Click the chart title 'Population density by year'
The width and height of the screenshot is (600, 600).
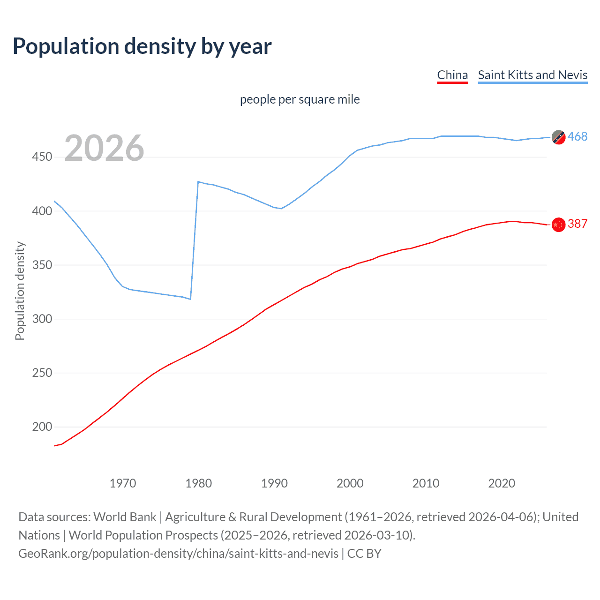pos(142,46)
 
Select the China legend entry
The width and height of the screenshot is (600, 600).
pos(452,75)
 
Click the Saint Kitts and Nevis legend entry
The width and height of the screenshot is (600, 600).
pos(532,75)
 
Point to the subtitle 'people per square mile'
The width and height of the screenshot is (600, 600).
pos(300,99)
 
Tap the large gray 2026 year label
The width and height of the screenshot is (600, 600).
pos(104,148)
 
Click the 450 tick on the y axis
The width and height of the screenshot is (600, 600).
pos(42,157)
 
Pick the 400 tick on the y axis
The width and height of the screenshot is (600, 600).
pos(42,211)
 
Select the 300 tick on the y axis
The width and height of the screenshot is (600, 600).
pos(42,319)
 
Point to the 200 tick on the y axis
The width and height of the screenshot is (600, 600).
pos(42,427)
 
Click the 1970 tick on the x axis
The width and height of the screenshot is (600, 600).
pos(123,483)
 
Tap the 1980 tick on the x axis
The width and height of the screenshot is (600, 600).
pos(199,483)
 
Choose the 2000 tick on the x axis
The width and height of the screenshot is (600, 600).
pos(350,483)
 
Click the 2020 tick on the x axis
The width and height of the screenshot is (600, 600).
pos(502,483)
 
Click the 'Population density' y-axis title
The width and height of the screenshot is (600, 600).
pos(20,291)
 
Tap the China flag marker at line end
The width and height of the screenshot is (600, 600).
pos(558,225)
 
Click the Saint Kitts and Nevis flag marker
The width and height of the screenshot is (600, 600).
pos(558,137)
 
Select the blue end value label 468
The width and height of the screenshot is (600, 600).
pos(577,136)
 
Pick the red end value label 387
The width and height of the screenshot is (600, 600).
pos(577,224)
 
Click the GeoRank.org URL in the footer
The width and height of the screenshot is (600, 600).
pos(178,554)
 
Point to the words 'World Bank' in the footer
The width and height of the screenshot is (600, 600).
pos(125,517)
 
